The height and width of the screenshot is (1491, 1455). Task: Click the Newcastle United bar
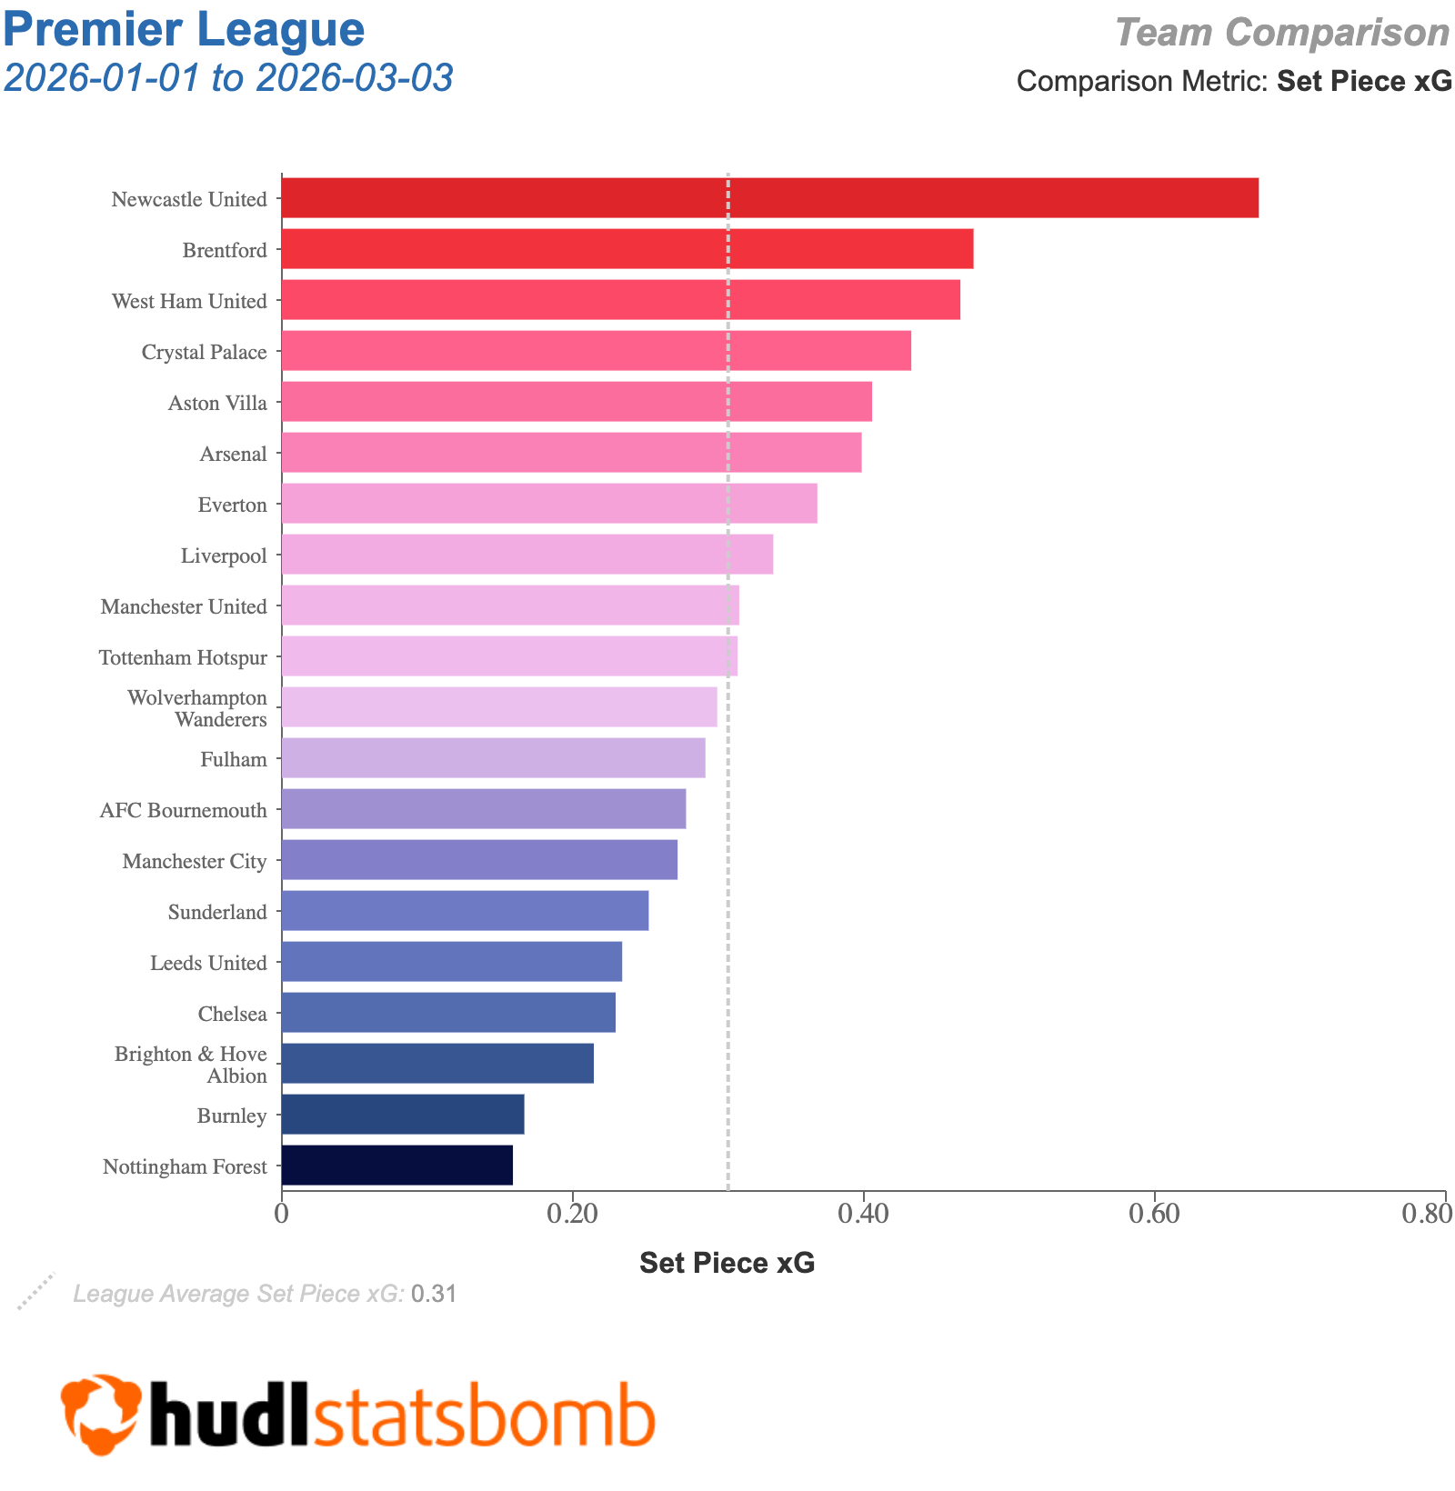point(769,198)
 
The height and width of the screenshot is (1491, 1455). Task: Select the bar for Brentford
point(627,249)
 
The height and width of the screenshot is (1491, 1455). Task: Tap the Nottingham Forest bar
point(396,1166)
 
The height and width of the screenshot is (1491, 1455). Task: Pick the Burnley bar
point(402,1115)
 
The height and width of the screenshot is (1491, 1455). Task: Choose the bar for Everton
point(548,504)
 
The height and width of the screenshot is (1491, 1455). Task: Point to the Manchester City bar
point(479,860)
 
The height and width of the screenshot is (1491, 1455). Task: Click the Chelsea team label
point(233,1014)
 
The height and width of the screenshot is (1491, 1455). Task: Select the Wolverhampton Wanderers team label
point(197,709)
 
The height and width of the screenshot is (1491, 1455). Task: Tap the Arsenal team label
point(234,454)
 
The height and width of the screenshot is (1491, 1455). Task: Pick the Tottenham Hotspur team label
point(183,657)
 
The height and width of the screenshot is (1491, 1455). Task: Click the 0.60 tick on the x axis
point(1154,1215)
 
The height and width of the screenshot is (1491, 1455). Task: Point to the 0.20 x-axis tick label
point(572,1215)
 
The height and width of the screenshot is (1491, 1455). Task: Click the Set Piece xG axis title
point(727,1263)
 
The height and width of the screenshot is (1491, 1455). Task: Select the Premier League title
point(184,29)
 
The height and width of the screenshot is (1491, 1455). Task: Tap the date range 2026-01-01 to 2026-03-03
point(228,79)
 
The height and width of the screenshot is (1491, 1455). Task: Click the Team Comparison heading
point(1282,34)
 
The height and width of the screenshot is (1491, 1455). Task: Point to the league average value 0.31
point(434,1294)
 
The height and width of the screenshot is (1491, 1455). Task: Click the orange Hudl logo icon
point(101,1414)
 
